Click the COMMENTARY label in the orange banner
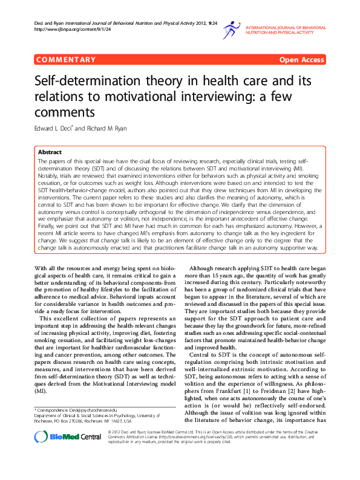(x=66, y=59)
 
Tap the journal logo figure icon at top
(x=231, y=29)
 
